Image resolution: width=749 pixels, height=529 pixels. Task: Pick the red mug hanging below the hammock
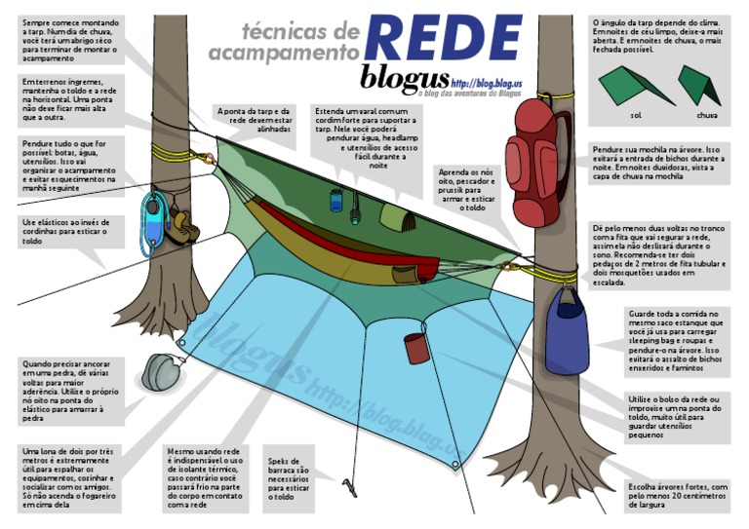point(417,347)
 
